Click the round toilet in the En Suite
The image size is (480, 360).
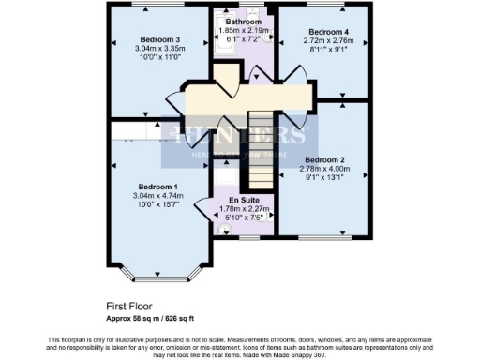(x=223, y=226)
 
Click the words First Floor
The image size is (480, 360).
(x=129, y=306)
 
